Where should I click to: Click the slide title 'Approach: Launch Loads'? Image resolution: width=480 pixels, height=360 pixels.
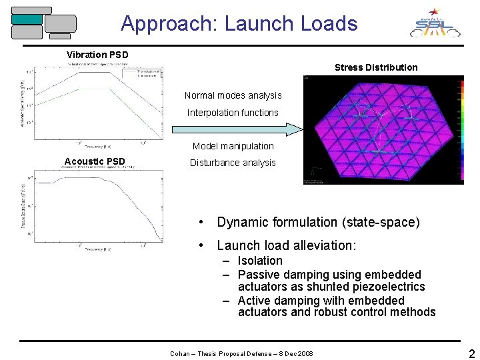(x=239, y=24)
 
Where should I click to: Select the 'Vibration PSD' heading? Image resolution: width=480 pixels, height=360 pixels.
(x=97, y=55)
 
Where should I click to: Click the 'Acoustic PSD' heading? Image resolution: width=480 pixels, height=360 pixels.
(x=95, y=161)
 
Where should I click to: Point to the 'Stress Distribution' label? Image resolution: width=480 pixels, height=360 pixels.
(x=376, y=67)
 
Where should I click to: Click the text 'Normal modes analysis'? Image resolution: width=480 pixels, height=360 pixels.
(x=233, y=96)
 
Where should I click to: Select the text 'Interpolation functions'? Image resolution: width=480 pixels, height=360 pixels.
(x=233, y=113)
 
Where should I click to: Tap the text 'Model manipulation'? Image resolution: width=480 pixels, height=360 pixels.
(x=233, y=146)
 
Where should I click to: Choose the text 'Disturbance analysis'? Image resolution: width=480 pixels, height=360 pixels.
(x=233, y=163)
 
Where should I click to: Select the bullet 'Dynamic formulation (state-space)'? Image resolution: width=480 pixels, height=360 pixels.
(x=318, y=223)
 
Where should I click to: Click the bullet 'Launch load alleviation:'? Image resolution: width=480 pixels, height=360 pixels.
(x=286, y=245)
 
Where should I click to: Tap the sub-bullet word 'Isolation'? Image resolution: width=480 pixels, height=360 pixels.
(x=260, y=261)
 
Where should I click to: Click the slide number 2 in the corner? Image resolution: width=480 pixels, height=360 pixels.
(x=471, y=353)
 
